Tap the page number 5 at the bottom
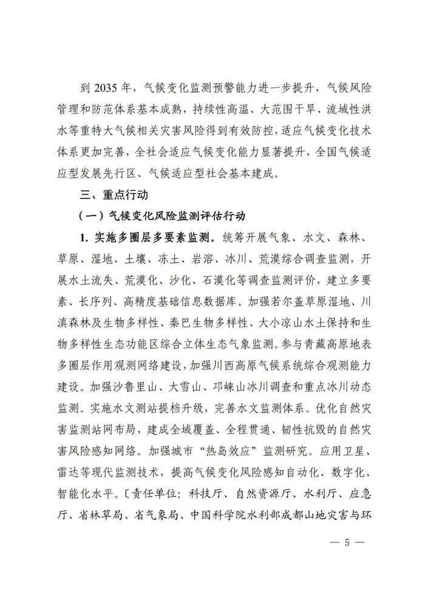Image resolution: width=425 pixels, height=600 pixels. pyautogui.click(x=348, y=542)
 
